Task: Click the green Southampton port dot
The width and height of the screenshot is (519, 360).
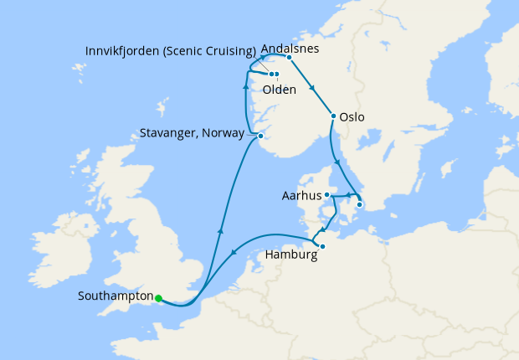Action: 158,297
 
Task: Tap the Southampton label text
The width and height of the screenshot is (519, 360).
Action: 116,296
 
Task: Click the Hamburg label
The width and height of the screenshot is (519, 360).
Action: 290,255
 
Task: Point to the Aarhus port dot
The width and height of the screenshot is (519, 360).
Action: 326,195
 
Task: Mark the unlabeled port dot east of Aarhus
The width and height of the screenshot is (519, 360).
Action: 359,204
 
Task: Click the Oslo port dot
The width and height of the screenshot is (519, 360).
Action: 333,116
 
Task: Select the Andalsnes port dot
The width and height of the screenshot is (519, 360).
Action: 289,58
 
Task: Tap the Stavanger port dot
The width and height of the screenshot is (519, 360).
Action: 260,136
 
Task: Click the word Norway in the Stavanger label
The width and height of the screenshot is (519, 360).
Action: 225,132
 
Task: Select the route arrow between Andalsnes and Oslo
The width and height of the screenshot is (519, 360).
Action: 312,87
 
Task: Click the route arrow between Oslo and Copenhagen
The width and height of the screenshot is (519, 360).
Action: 337,162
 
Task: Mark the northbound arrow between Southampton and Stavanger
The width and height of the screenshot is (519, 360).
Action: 220,229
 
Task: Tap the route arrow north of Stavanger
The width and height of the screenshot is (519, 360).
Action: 244,86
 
